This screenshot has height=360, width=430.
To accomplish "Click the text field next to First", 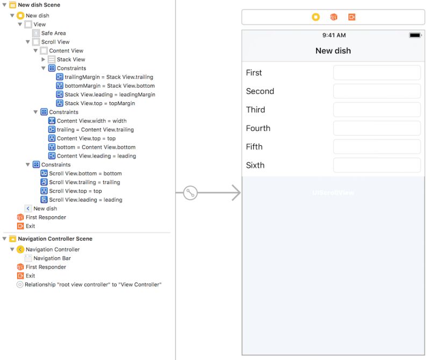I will [376, 73].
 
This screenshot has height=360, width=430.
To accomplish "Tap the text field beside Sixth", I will [376, 165].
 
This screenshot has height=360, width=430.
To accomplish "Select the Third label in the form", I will [255, 110].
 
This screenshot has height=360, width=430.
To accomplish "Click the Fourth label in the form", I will [258, 128].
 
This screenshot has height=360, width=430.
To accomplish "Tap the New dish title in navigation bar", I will [333, 51].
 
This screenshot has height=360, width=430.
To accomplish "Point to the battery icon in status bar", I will [415, 35].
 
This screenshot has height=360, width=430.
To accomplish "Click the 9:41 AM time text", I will [334, 35].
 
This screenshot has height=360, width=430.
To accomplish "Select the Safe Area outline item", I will [53, 33].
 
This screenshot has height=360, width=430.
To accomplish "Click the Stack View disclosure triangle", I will [44, 60].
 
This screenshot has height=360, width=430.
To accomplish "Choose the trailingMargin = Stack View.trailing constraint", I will [109, 77].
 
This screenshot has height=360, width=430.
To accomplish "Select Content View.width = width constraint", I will [91, 121].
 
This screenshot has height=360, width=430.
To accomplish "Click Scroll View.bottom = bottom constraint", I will [85, 174].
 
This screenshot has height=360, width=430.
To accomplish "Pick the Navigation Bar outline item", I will [52, 258].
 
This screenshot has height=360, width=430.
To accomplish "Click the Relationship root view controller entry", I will [92, 285].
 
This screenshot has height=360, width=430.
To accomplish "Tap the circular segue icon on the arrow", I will [190, 193].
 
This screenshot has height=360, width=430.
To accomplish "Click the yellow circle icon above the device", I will [316, 17].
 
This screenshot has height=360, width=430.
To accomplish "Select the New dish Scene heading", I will [39, 5].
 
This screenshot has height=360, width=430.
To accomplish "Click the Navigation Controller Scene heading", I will [55, 239].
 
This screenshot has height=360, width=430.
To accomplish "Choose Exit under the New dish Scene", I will [30, 226].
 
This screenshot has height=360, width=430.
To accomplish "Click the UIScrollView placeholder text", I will [333, 193].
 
